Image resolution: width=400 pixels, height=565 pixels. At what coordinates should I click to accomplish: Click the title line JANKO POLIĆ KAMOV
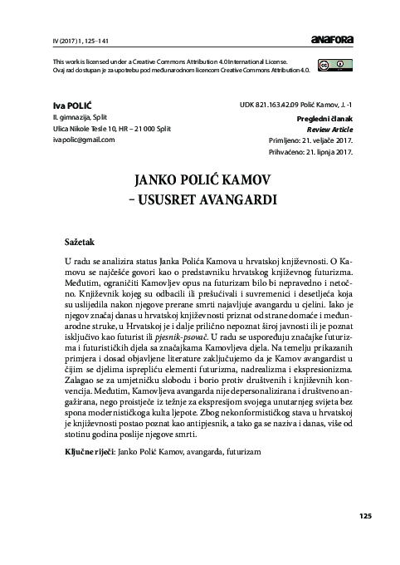tap(199, 181)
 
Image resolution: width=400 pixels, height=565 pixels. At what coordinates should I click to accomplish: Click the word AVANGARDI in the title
tap(227, 200)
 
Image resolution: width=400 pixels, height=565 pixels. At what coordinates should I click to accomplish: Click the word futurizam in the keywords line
tap(242, 452)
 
